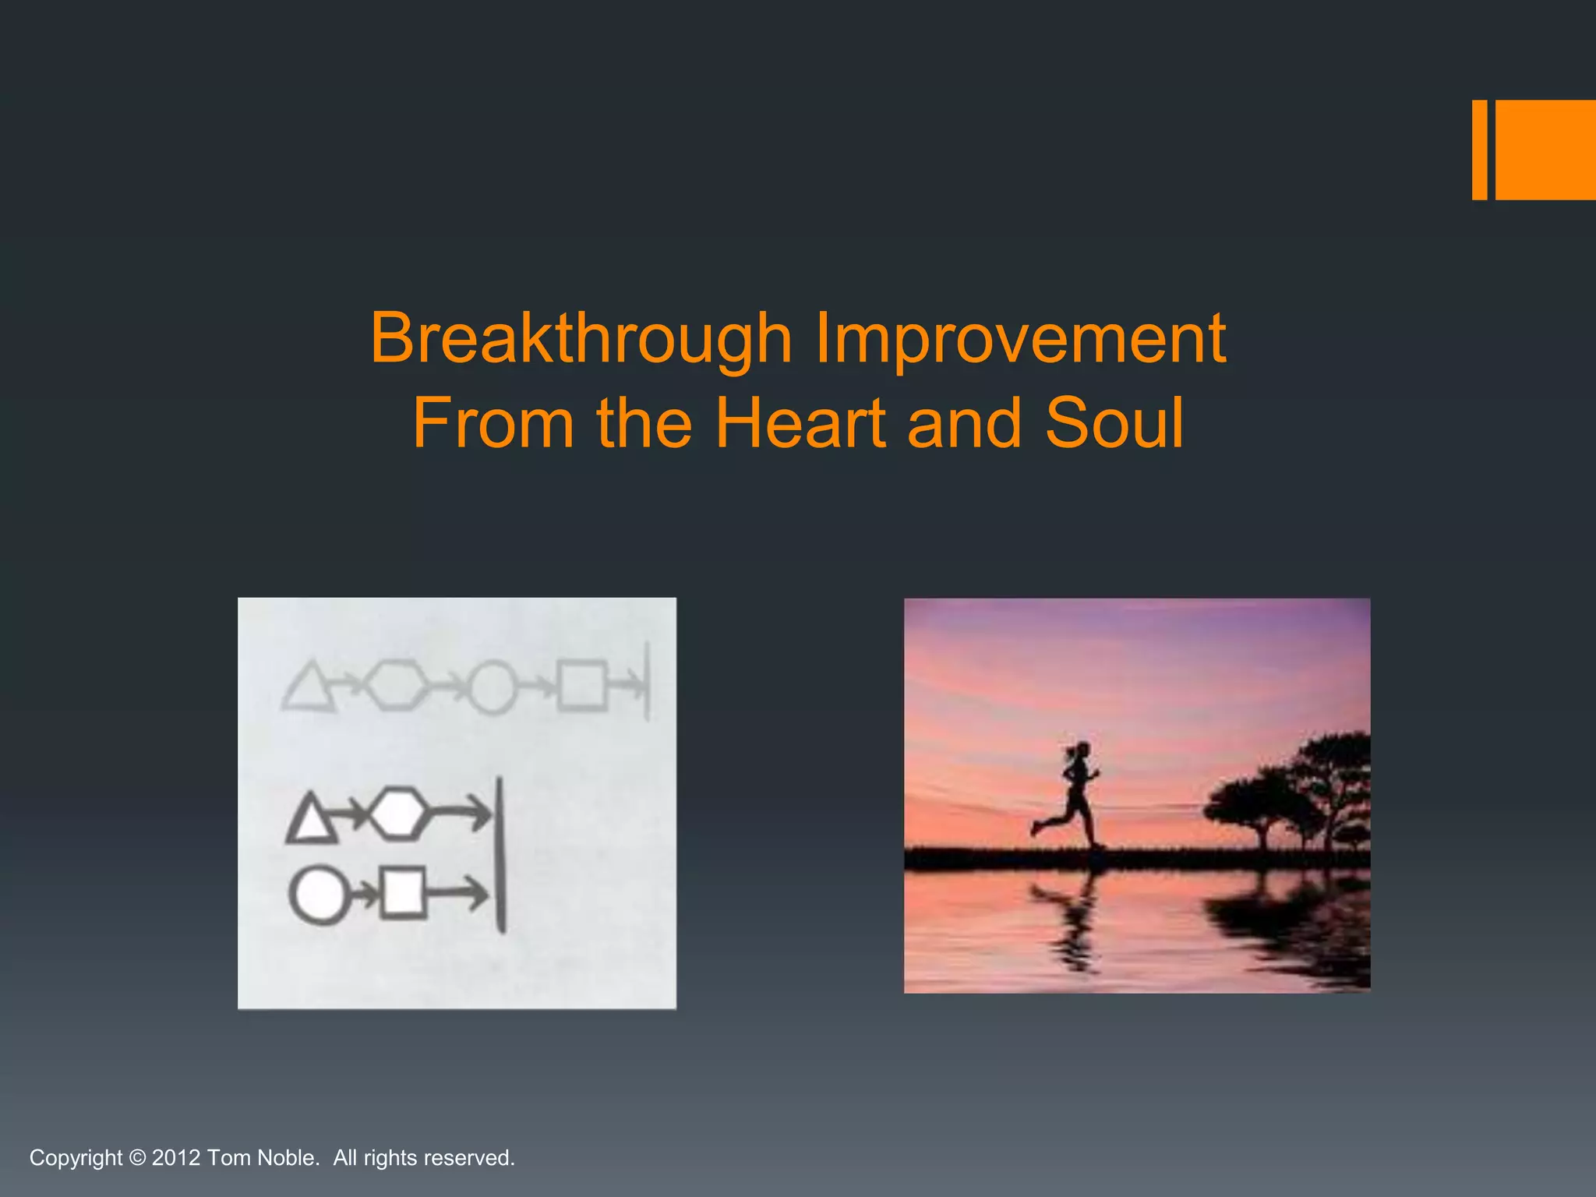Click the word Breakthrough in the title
pyautogui.click(x=581, y=338)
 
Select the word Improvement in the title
pyautogui.click(x=1020, y=338)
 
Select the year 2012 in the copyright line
pyautogui.click(x=176, y=1157)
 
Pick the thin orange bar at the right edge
pyautogui.click(x=1479, y=150)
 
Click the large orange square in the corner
pyautogui.click(x=1545, y=150)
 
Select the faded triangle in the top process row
pyautogui.click(x=309, y=687)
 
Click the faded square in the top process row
pyautogui.click(x=581, y=686)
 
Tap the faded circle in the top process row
pyautogui.click(x=493, y=687)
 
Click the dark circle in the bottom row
pyautogui.click(x=319, y=895)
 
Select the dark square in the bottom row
pyautogui.click(x=404, y=892)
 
